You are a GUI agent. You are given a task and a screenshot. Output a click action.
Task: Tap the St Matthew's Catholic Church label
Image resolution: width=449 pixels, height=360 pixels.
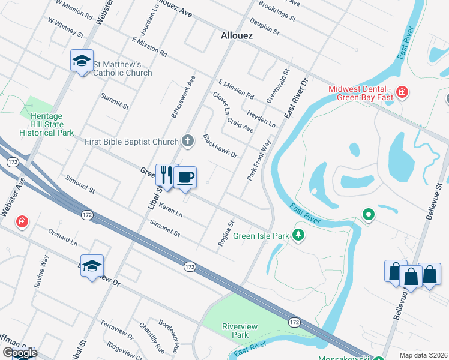pyautogui.click(x=122, y=68)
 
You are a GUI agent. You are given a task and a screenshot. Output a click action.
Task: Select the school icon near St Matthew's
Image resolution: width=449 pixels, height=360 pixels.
pyautogui.click(x=82, y=61)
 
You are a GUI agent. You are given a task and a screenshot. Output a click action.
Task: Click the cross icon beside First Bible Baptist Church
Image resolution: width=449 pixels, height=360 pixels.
pyautogui.click(x=188, y=141)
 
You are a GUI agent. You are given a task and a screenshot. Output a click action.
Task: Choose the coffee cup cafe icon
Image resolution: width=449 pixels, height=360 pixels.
pyautogui.click(x=185, y=177)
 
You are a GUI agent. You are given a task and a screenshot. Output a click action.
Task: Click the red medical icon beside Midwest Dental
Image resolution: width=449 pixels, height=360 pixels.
pyautogui.click(x=402, y=92)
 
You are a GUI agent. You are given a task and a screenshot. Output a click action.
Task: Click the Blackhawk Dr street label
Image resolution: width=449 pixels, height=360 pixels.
pyautogui.click(x=220, y=146)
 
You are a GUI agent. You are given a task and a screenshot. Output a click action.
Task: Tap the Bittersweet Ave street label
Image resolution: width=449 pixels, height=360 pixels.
pyautogui.click(x=182, y=96)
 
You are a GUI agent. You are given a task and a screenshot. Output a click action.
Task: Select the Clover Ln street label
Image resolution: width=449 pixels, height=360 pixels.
pyautogui.click(x=220, y=103)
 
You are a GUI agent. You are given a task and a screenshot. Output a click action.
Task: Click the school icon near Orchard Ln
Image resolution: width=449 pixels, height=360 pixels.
pyautogui.click(x=92, y=266)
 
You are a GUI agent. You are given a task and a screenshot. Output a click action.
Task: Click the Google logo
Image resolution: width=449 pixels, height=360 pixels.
pyautogui.click(x=20, y=353)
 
